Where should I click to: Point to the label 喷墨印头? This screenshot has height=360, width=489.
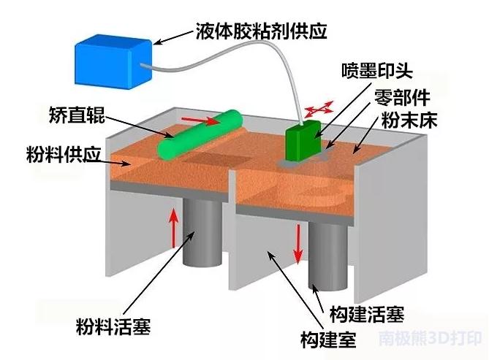(378, 72)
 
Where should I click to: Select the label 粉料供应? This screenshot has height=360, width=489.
(55, 155)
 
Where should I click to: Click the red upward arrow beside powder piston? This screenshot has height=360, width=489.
(173, 227)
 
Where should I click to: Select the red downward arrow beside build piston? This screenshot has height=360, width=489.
(298, 245)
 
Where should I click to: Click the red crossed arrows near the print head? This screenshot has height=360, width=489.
(316, 110)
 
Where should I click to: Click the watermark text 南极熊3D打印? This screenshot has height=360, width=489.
(431, 340)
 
